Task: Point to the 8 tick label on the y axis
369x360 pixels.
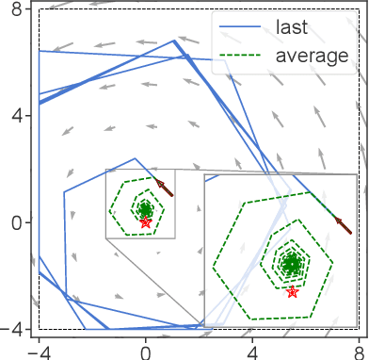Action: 16,10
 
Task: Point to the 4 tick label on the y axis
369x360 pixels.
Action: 16,117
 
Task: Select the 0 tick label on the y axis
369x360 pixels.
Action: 16,223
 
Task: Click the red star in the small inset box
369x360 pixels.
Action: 145,222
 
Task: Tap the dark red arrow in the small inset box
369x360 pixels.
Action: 166,188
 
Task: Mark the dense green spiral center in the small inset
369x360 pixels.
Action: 144,209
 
